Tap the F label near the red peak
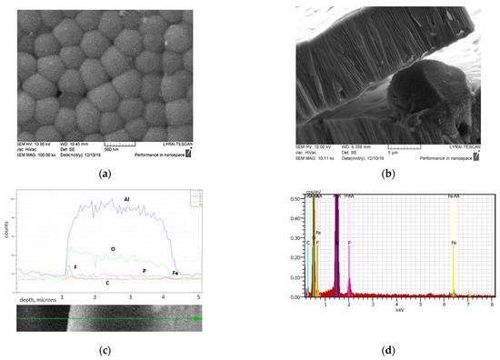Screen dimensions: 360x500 (x=75, y=266)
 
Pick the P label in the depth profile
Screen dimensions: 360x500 (x=144, y=271)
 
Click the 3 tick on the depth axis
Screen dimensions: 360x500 (x=130, y=296)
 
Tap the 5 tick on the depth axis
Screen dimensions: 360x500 (x=199, y=296)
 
